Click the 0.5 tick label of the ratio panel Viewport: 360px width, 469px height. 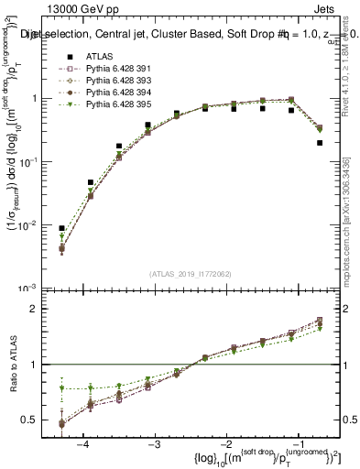pos(35,420)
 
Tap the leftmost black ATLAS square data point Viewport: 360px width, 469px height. pos(61,228)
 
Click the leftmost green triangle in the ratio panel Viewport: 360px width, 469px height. pos(61,387)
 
